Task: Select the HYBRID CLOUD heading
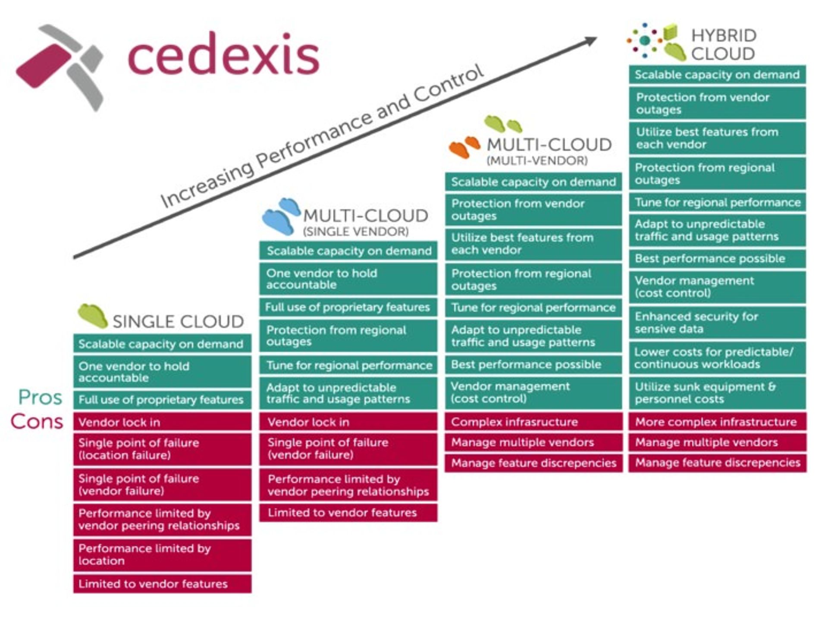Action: pyautogui.click(x=723, y=45)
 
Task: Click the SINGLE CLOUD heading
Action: pyautogui.click(x=178, y=321)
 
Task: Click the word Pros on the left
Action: pyautogui.click(x=40, y=397)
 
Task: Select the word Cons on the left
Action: pyautogui.click(x=37, y=422)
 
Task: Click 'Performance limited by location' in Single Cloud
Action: pyautogui.click(x=162, y=555)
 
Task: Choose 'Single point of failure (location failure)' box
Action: pyautogui.click(x=162, y=449)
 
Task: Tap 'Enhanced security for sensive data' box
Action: pyautogui.click(x=717, y=323)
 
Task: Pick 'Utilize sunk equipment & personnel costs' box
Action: pyautogui.click(x=717, y=393)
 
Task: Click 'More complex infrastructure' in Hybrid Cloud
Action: pyautogui.click(x=717, y=422)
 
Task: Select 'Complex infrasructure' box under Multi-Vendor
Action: pyautogui.click(x=533, y=422)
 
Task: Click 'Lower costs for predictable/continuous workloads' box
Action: pyautogui.click(x=717, y=358)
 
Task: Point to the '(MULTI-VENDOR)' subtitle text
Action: pyautogui.click(x=537, y=161)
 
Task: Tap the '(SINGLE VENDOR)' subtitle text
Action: pyautogui.click(x=355, y=232)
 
